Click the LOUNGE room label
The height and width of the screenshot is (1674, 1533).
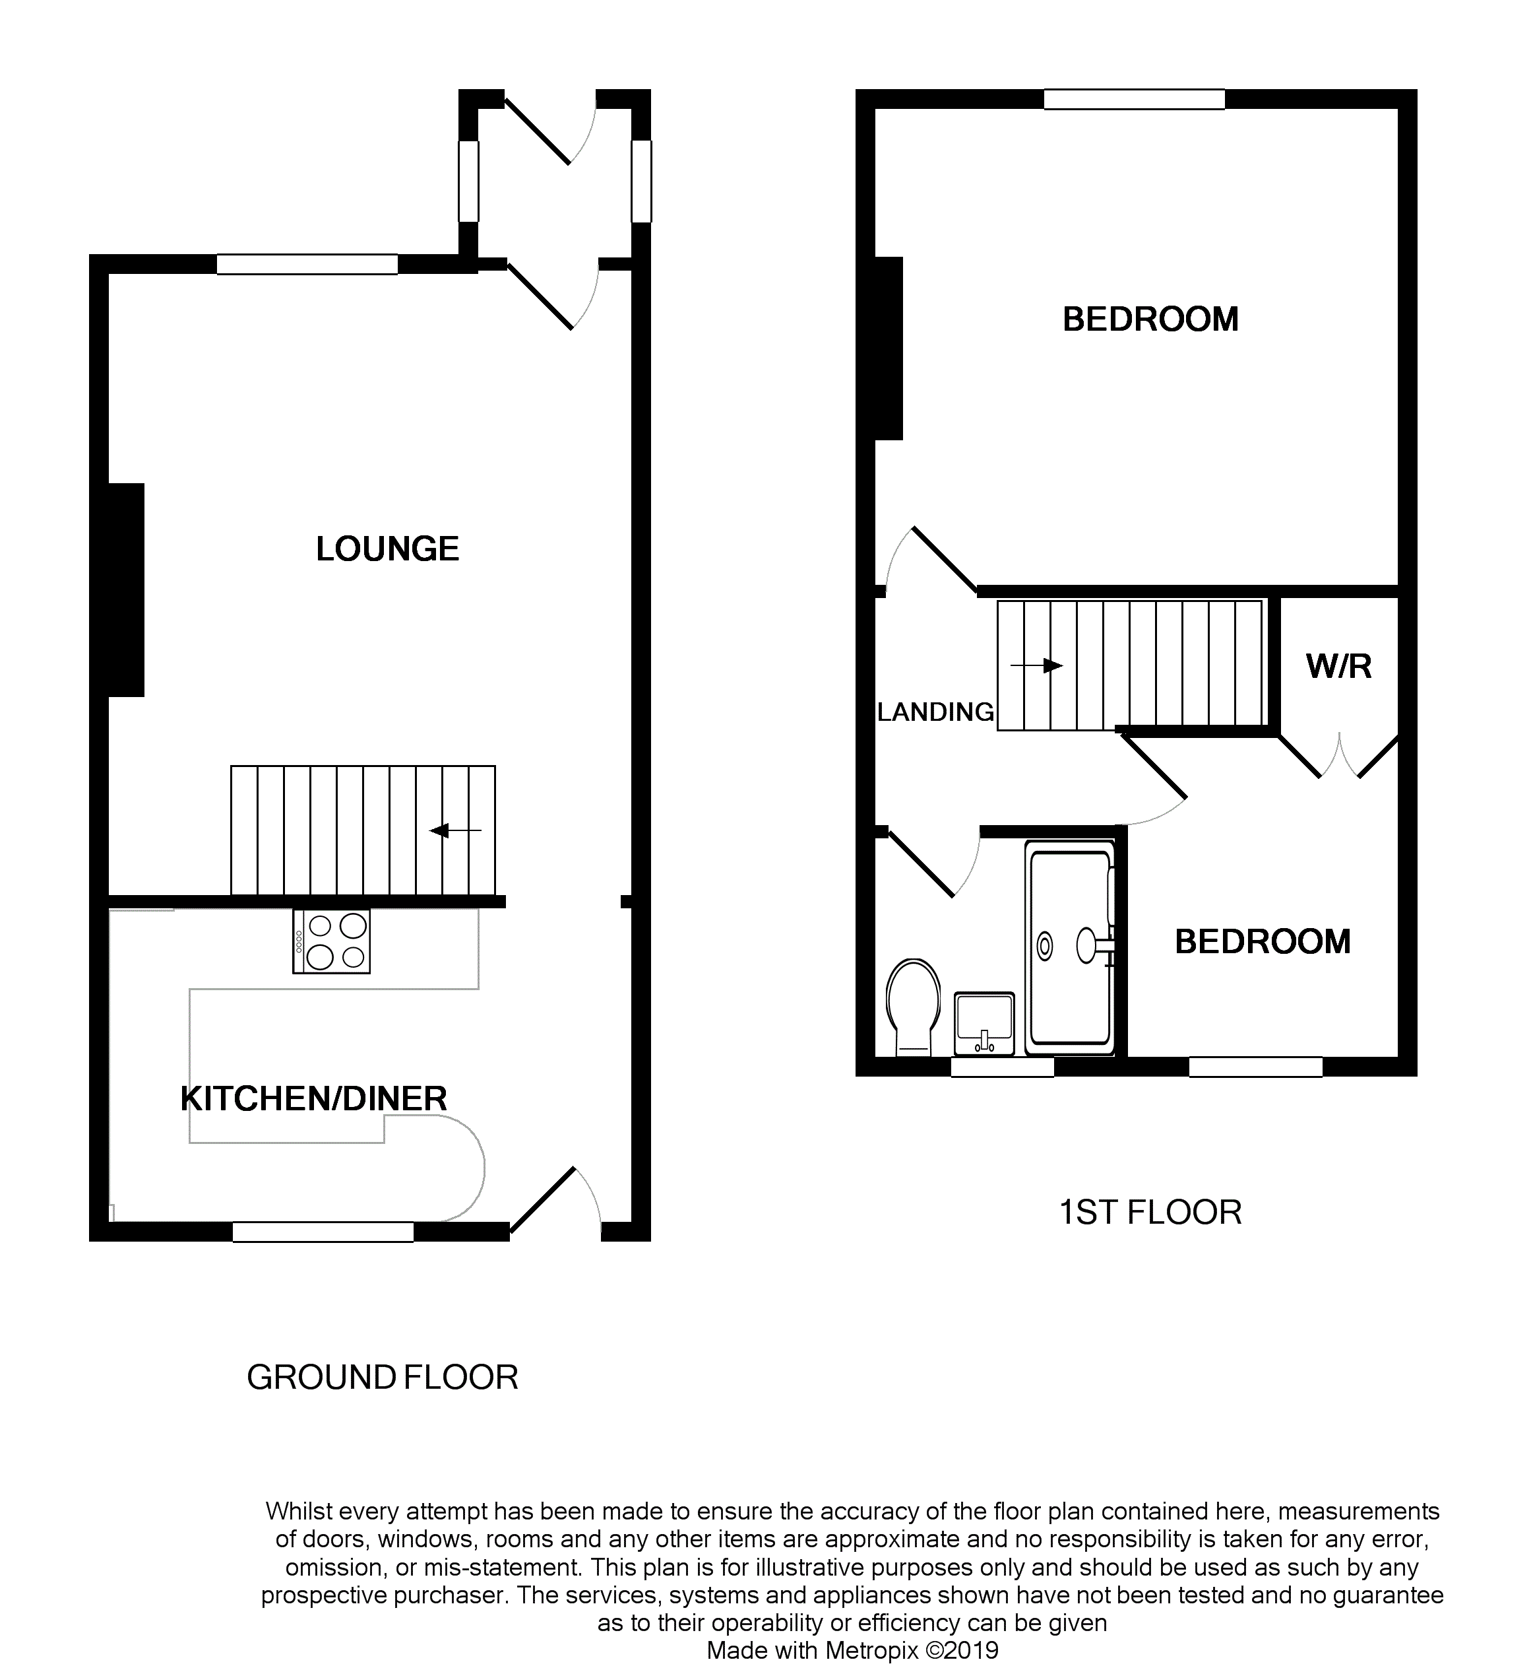388,549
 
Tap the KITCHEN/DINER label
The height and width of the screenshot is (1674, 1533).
314,1098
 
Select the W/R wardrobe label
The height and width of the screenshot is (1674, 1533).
1339,667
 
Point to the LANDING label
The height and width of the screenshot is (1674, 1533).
935,712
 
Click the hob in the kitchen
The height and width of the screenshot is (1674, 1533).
332,941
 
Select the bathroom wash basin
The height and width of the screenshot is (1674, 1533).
984,1023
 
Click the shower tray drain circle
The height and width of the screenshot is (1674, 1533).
1045,945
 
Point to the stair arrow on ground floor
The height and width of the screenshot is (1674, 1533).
456,830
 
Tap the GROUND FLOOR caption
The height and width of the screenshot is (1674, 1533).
383,1378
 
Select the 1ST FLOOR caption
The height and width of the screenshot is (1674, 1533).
1150,1213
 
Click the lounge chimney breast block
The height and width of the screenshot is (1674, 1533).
125,589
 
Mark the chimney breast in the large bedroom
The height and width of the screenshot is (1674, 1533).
889,348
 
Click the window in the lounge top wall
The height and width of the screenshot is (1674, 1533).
307,264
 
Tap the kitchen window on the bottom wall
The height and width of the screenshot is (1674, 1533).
323,1232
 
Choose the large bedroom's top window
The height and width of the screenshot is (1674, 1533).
1134,100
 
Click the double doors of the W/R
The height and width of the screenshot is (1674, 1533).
1340,757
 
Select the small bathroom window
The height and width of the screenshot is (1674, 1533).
1002,1067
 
